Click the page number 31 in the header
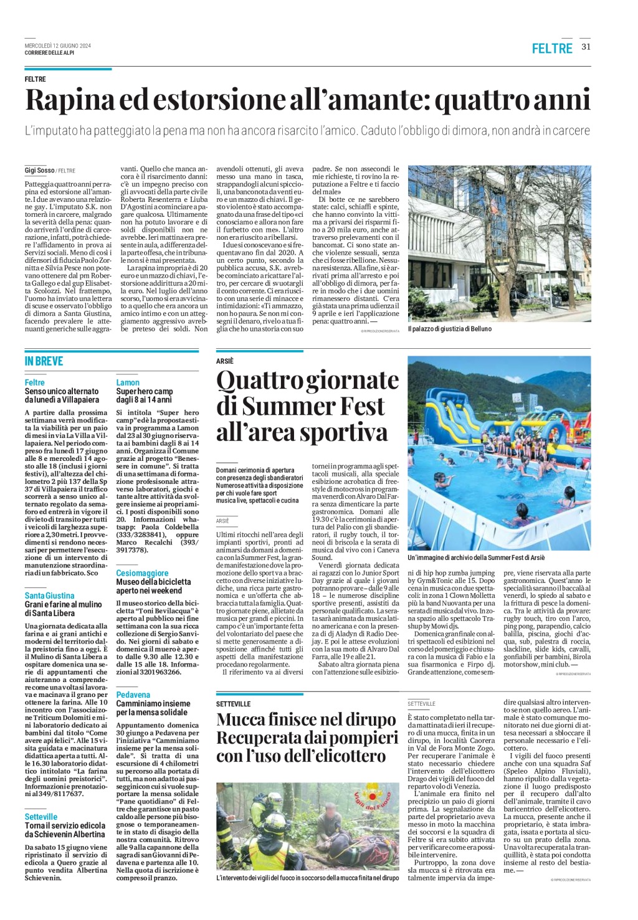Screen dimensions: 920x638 point(586,46)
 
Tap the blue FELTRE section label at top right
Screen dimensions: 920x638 point(551,48)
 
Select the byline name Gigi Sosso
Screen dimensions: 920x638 point(39,170)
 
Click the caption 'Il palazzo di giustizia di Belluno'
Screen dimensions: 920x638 point(449,328)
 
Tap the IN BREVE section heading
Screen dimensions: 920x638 point(44,361)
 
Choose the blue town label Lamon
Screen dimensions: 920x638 point(128,382)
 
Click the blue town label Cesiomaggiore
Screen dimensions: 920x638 point(142,573)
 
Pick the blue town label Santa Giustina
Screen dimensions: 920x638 point(49,595)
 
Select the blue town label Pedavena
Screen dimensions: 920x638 point(133,695)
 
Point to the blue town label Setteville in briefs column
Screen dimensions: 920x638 point(41,817)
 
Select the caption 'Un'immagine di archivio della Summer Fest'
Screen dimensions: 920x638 point(476,557)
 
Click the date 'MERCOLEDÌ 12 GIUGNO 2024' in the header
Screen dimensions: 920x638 point(57,45)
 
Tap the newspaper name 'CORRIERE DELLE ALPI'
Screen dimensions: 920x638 point(49,53)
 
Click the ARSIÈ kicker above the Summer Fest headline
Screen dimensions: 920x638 point(225,361)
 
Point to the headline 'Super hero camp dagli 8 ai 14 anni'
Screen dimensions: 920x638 point(144,396)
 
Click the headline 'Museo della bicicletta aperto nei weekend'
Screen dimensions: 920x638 point(153,586)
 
